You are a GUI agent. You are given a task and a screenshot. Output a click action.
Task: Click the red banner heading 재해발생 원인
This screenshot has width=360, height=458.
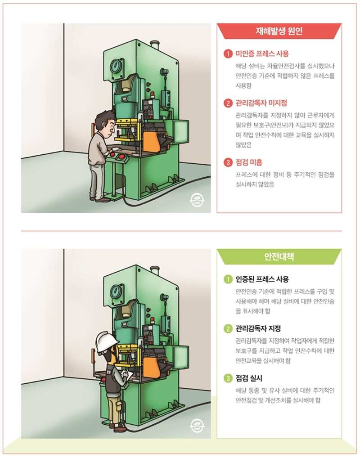coord(279,32)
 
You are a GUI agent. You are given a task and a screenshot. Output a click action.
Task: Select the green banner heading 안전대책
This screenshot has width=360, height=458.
coord(279,257)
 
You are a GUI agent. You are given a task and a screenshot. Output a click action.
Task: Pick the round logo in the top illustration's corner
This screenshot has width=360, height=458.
coord(197,199)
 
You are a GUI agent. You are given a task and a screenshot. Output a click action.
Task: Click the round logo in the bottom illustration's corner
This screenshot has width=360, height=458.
coord(197,424)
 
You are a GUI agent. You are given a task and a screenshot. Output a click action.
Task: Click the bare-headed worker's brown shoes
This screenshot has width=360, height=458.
coord(100,198)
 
